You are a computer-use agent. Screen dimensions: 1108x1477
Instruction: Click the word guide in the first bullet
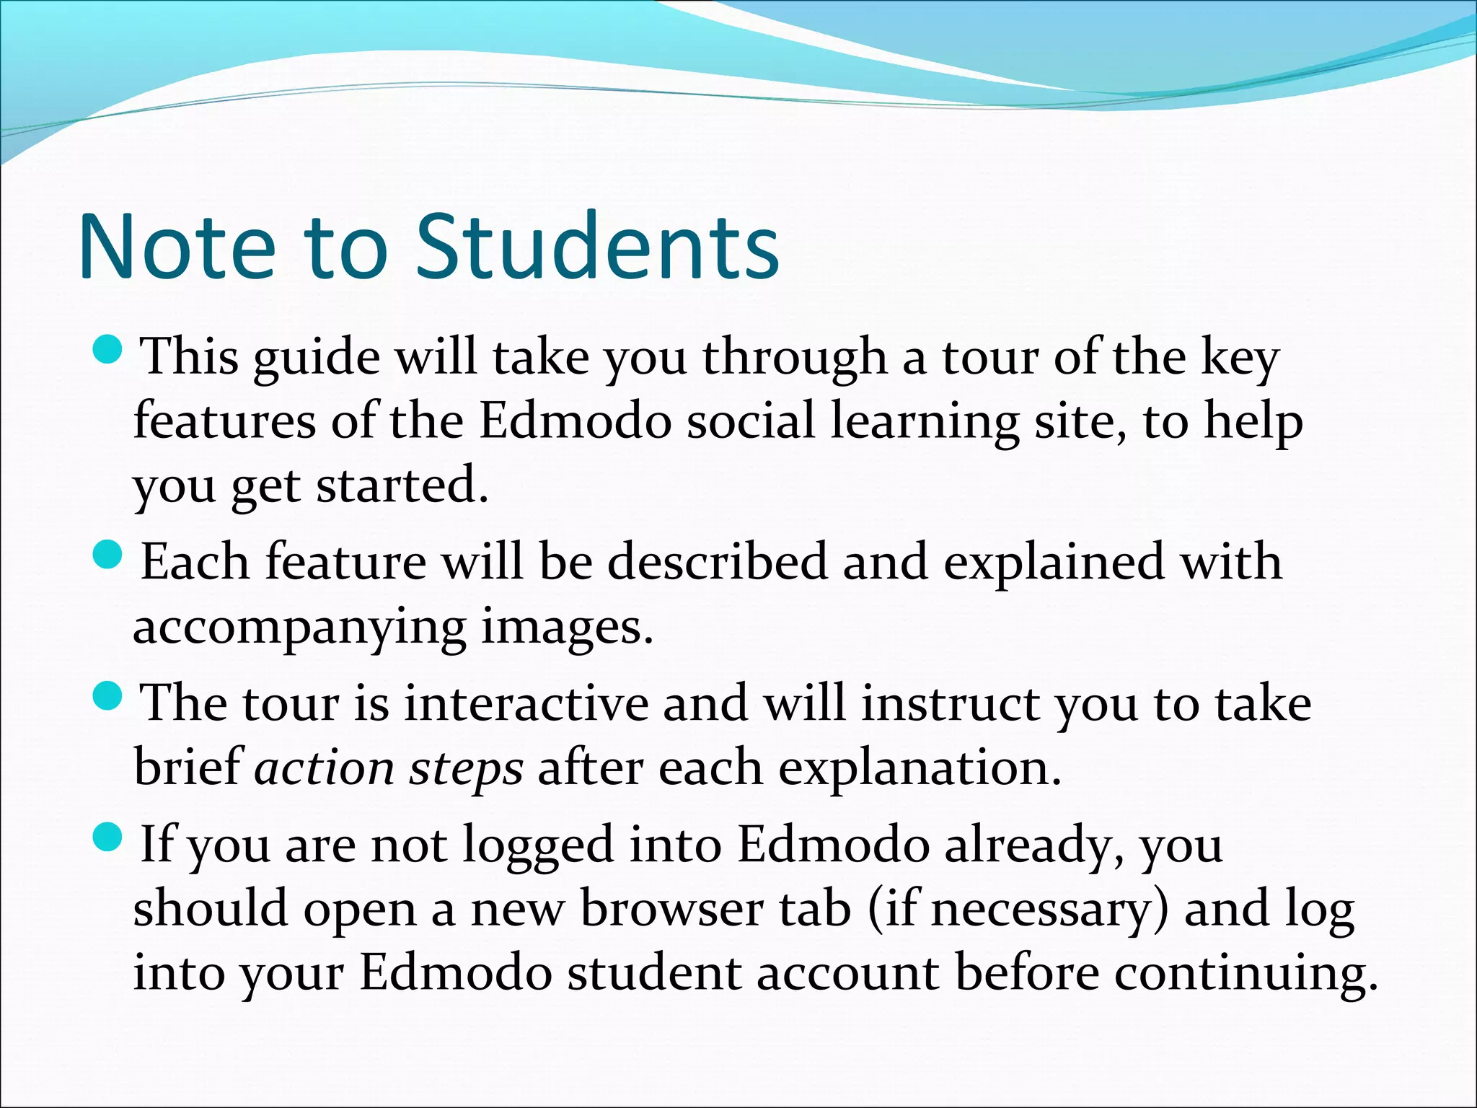(317, 359)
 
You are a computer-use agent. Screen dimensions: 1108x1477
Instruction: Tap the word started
(402, 485)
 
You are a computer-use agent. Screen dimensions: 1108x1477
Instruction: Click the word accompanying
(299, 628)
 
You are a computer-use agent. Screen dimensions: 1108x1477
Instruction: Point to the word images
(566, 628)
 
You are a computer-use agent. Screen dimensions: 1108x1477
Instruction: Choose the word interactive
(526, 703)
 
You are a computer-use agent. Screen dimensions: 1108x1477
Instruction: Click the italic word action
(324, 768)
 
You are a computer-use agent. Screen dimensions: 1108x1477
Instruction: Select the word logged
(537, 846)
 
